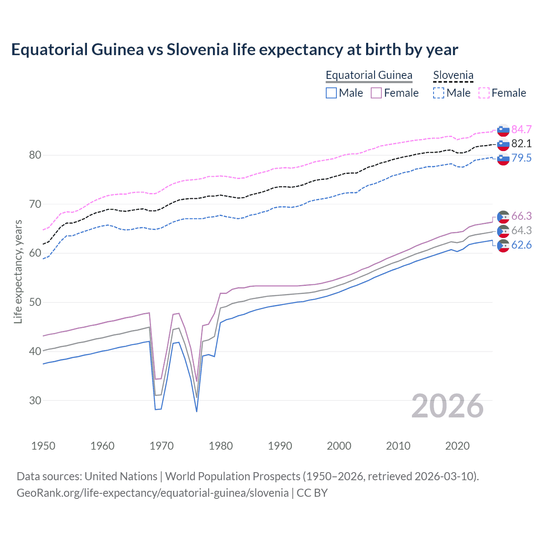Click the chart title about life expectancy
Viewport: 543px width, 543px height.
click(235, 50)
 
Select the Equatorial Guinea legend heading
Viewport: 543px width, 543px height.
click(369, 75)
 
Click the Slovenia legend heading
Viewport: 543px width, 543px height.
click(453, 75)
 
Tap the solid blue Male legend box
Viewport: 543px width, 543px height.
click(331, 93)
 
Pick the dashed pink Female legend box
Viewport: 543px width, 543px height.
click(484, 93)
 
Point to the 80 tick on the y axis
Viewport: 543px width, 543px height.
click(35, 155)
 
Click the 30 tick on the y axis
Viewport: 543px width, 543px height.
click(35, 400)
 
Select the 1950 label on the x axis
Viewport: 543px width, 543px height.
click(43, 446)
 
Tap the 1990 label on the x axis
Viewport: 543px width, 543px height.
click(280, 446)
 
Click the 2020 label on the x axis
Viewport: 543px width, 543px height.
click(457, 446)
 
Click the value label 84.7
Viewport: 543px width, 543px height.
click(521, 129)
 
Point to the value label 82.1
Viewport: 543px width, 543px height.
click(521, 144)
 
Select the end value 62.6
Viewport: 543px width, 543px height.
click(521, 245)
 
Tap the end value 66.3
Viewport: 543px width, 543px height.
click(521, 216)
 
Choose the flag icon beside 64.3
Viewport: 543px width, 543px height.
click(503, 231)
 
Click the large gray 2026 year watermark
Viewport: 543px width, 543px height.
click(448, 406)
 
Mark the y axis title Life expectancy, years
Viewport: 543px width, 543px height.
click(18, 271)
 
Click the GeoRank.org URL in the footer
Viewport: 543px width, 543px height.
click(153, 493)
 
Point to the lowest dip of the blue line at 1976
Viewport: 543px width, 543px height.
click(196, 411)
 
